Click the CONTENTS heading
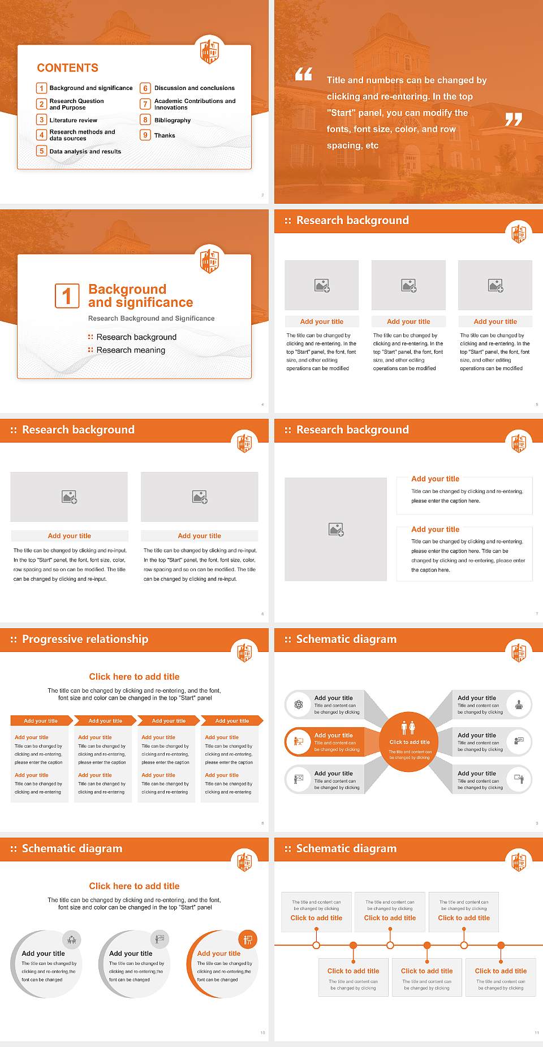coord(67,68)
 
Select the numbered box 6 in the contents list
coord(145,88)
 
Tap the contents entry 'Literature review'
coord(73,121)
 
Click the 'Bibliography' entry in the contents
coord(173,121)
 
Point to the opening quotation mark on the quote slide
coord(304,74)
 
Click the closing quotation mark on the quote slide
coord(513,119)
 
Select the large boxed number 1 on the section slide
coord(67,296)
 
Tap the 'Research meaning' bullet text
coord(131,350)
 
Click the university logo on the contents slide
coord(210,52)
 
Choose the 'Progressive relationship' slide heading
coord(85,640)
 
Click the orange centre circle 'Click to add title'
coord(410,742)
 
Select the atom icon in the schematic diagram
coord(299,705)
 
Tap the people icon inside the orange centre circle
coord(408,728)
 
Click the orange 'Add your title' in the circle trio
coord(219,954)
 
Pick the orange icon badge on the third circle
coord(248,940)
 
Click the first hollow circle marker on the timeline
coord(316,945)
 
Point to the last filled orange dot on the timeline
coord(501,945)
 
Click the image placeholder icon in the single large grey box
coord(336,530)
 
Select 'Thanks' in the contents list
coord(165,136)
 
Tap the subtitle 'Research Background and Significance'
coord(151,319)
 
